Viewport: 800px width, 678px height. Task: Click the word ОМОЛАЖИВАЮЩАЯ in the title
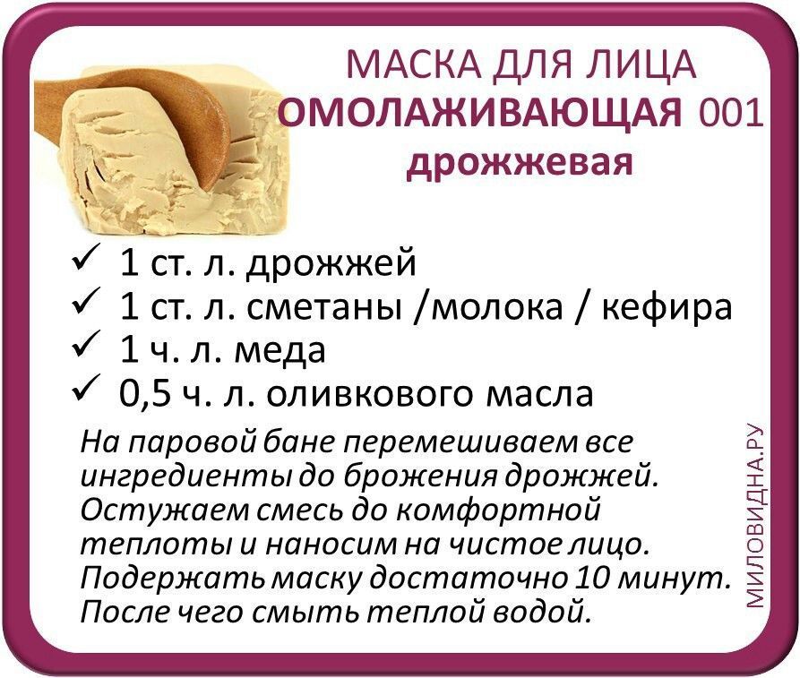(481, 113)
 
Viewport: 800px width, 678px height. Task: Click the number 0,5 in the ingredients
(144, 394)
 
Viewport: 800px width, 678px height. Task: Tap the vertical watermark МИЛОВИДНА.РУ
(754, 515)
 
